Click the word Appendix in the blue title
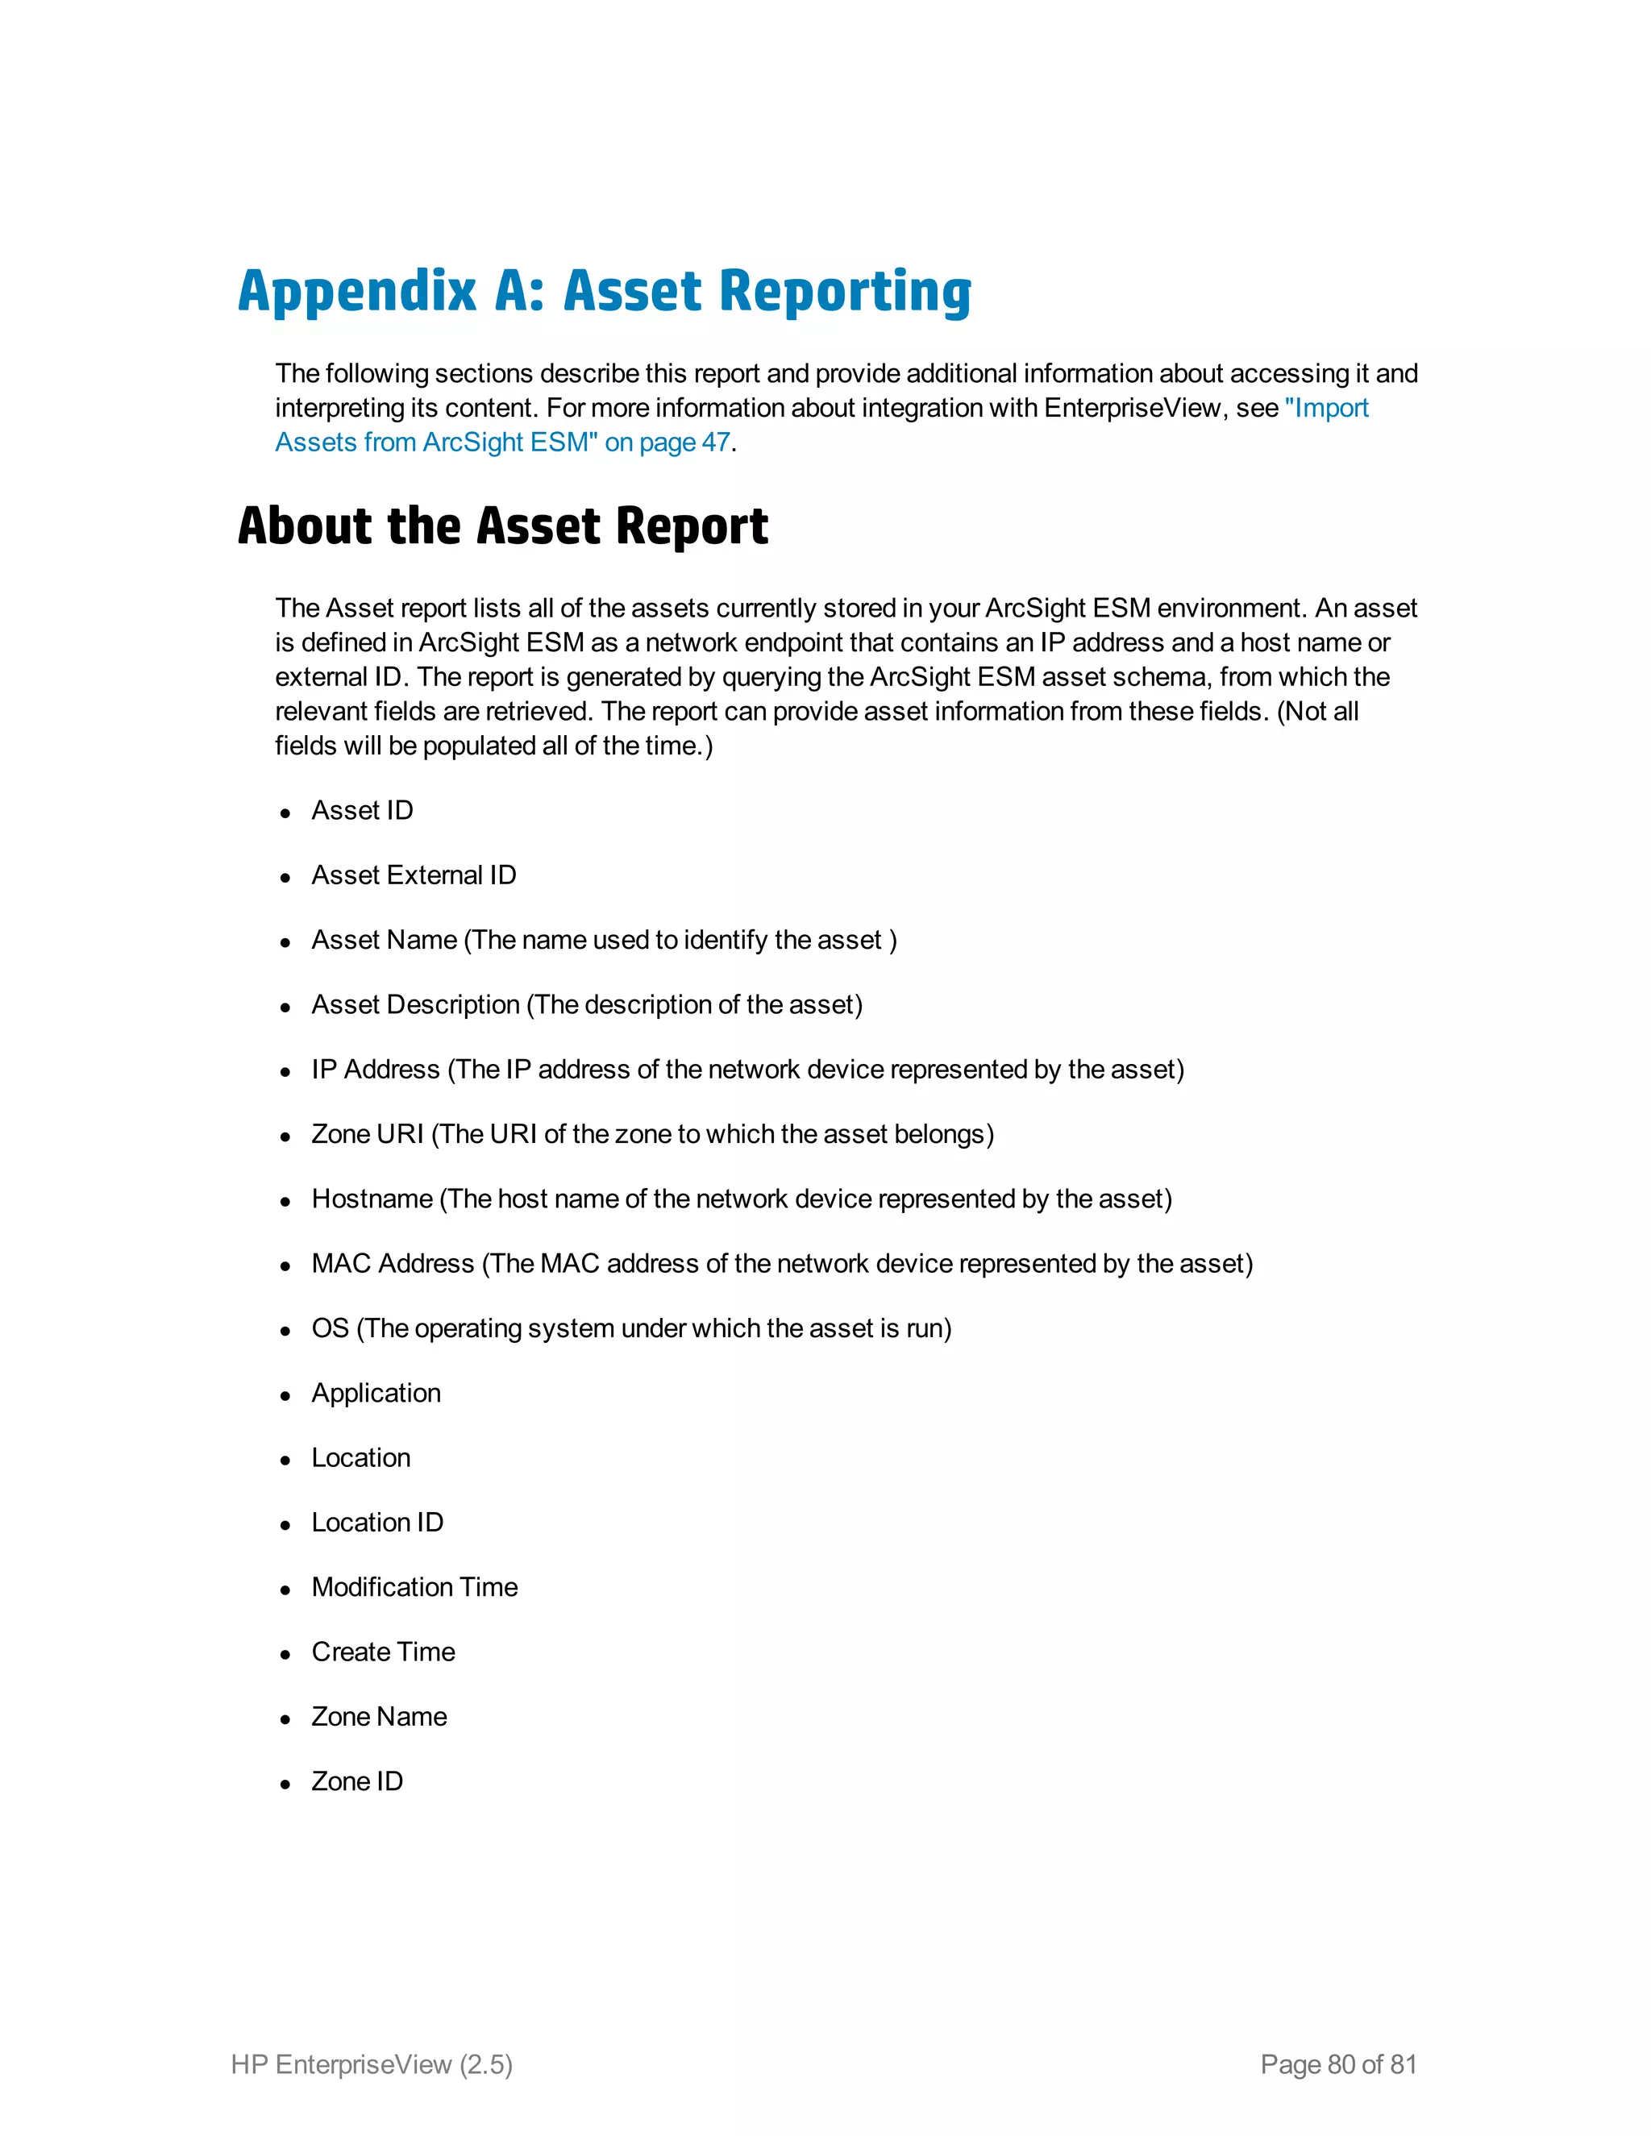[357, 292]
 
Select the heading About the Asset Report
[503, 526]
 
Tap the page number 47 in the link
[716, 442]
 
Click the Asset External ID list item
[414, 875]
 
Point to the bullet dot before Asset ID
[285, 812]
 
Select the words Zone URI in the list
[367, 1135]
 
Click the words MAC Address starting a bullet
[393, 1264]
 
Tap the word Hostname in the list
[372, 1199]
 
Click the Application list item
[376, 1393]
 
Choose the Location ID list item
[377, 1523]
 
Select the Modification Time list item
[414, 1587]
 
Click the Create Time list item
[384, 1652]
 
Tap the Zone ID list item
[357, 1781]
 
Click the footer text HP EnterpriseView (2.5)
[372, 2064]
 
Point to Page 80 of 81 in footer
[1338, 2064]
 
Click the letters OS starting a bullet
[330, 1328]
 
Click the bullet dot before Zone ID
[285, 1784]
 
